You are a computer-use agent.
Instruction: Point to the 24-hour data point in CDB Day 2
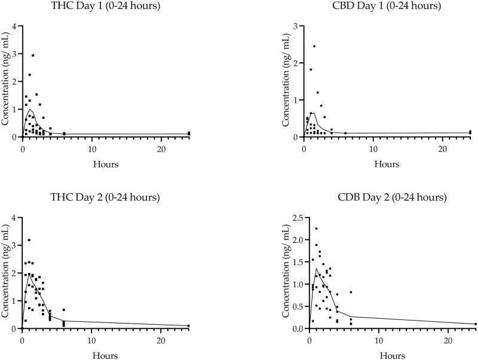pyautogui.click(x=476, y=324)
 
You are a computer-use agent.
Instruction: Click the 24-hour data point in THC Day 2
pyautogui.click(x=188, y=326)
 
